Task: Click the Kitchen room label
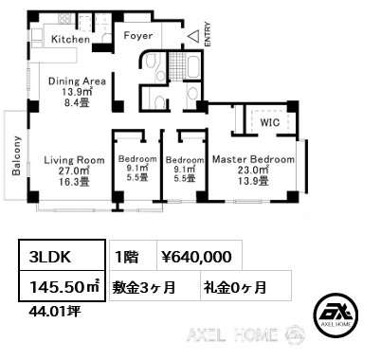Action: point(71,40)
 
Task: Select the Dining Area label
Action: point(77,81)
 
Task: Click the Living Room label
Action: point(74,160)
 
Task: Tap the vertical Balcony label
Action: point(16,155)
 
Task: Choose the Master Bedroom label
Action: point(254,159)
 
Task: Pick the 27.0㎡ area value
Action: point(74,173)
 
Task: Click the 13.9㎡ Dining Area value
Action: point(76,93)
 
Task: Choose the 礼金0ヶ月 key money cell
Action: point(233,285)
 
